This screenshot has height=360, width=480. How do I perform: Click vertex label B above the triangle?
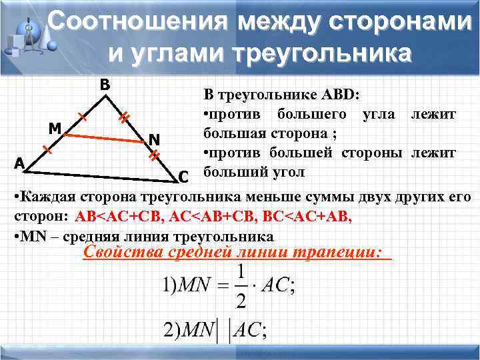pyautogui.click(x=105, y=85)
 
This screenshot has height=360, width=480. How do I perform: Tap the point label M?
pyautogui.click(x=56, y=128)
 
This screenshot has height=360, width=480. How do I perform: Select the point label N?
pyautogui.click(x=153, y=139)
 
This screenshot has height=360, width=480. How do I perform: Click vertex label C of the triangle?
pyautogui.click(x=185, y=177)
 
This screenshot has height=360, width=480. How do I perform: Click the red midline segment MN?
pyautogui.click(x=107, y=137)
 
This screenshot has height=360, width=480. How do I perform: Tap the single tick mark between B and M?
pyautogui.click(x=83, y=118)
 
